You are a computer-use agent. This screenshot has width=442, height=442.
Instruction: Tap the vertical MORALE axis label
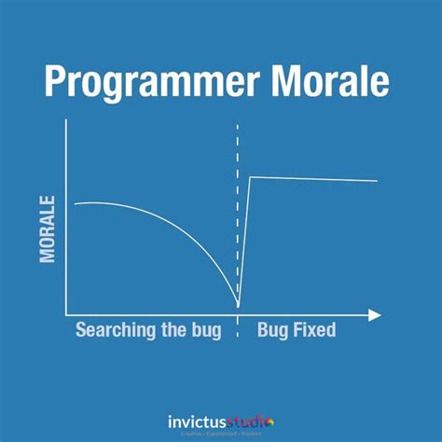coord(48,228)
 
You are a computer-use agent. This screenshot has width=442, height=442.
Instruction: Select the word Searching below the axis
coord(117,330)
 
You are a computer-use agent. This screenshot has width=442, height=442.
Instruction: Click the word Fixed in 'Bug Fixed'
coord(312,330)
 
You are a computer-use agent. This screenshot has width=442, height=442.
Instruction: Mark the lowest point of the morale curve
coord(239,305)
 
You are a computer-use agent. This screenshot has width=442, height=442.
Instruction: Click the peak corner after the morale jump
coord(249,176)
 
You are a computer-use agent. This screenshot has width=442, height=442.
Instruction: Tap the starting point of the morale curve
coord(75,203)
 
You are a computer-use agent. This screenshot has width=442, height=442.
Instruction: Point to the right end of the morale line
coord(377,180)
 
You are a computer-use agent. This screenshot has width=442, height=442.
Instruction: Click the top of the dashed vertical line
coord(238,122)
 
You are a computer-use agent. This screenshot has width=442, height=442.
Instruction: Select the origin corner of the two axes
coord(66,315)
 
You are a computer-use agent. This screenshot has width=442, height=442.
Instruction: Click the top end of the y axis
coord(66,122)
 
